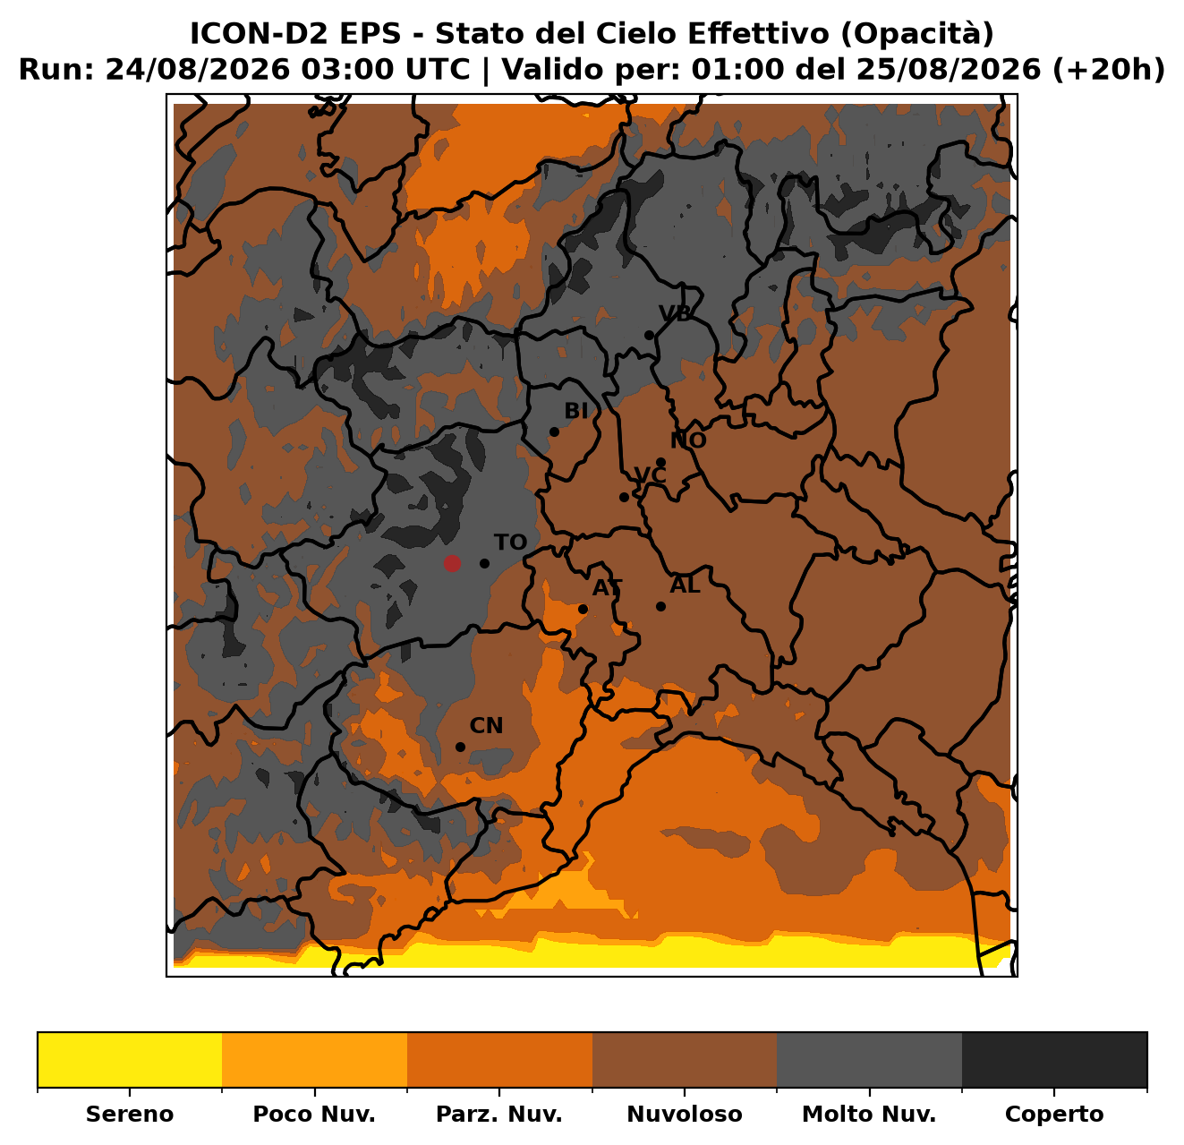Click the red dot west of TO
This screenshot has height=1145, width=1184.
click(x=452, y=563)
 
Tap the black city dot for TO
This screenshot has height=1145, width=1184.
click(x=484, y=563)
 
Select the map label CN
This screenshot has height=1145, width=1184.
click(x=486, y=726)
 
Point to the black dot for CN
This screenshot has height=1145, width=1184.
click(x=461, y=747)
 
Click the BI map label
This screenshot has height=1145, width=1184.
click(x=575, y=411)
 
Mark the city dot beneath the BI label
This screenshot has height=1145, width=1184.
click(x=554, y=432)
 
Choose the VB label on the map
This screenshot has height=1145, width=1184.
click(x=676, y=312)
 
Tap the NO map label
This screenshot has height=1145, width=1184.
click(x=688, y=440)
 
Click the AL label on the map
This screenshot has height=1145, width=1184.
click(x=686, y=585)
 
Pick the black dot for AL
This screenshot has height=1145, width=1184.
click(x=660, y=606)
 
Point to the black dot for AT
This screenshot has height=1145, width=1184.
click(x=583, y=609)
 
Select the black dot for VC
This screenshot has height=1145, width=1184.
click(x=624, y=498)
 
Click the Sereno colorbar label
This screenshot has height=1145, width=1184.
click(x=130, y=1114)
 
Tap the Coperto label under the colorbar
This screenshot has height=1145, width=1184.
click(x=1054, y=1114)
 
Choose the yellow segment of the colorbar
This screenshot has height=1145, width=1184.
click(x=130, y=1060)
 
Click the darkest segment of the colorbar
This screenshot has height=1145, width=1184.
click(x=1054, y=1060)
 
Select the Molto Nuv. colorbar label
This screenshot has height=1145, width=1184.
click(x=869, y=1114)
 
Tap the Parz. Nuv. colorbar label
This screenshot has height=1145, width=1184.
click(x=499, y=1114)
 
